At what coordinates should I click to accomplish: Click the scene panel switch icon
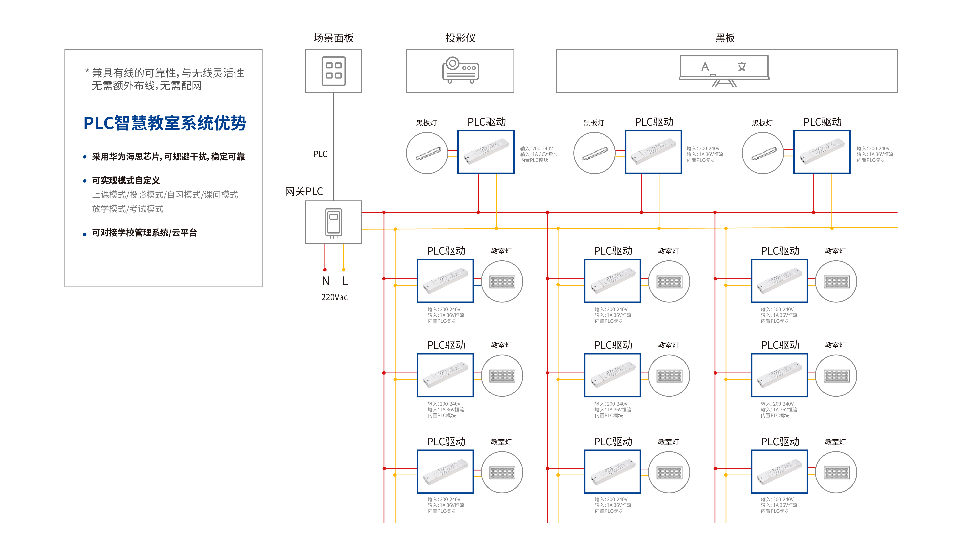click(x=333, y=71)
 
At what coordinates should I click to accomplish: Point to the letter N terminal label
click(x=325, y=281)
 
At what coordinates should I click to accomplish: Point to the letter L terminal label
click(x=345, y=281)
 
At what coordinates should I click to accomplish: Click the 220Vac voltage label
click(x=334, y=297)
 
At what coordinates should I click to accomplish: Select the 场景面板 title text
click(x=333, y=38)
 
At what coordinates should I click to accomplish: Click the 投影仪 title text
click(x=460, y=38)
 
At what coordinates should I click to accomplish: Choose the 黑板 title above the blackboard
click(x=725, y=38)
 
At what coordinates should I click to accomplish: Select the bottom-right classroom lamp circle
click(x=836, y=472)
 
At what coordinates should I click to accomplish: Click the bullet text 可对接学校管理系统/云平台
click(x=144, y=233)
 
